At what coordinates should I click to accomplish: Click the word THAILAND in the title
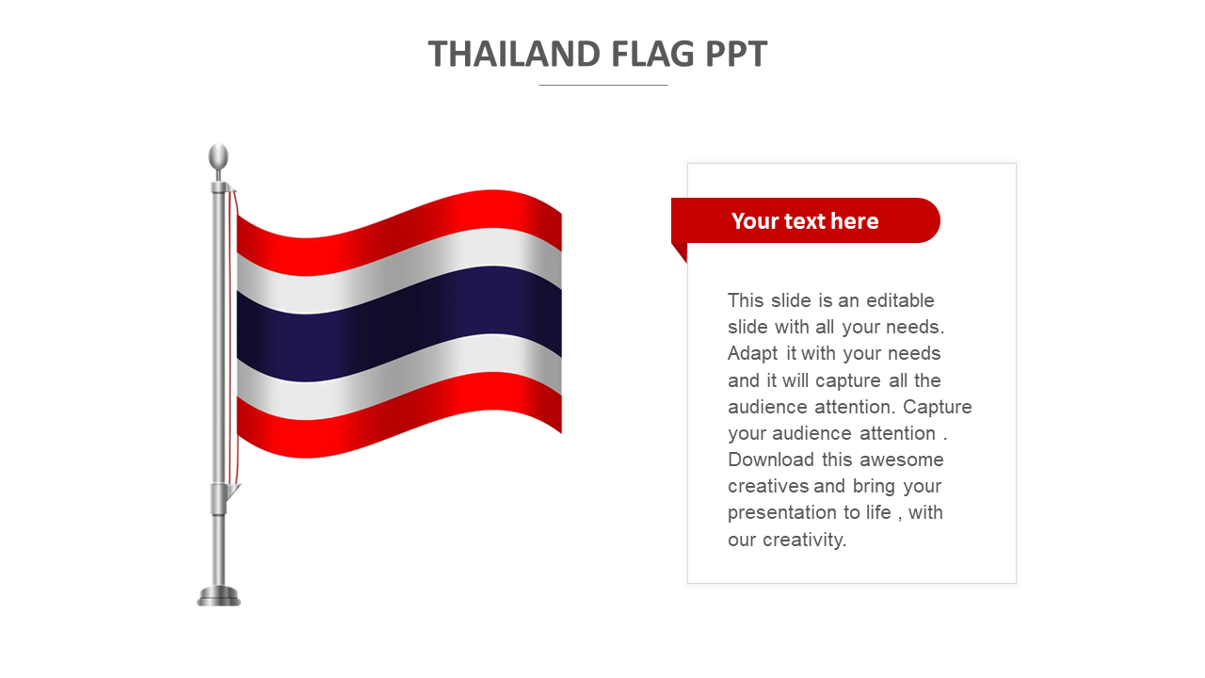(x=514, y=54)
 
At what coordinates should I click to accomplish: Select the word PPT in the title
(x=736, y=54)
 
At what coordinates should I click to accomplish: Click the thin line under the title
(x=603, y=85)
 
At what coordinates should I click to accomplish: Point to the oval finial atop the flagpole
(x=218, y=157)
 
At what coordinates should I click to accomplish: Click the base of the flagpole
(x=218, y=596)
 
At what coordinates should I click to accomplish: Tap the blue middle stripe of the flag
(x=399, y=324)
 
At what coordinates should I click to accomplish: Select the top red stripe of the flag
(x=399, y=233)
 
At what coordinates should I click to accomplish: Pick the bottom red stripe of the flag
(x=399, y=415)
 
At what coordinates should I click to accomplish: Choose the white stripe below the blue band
(x=399, y=377)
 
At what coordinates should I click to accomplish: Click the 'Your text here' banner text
(x=805, y=221)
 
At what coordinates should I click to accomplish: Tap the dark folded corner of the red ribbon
(x=681, y=250)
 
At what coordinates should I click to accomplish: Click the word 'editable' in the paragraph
(x=900, y=300)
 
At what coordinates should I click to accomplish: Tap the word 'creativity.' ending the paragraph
(x=805, y=540)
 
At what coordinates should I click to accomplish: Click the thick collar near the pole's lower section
(x=218, y=499)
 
